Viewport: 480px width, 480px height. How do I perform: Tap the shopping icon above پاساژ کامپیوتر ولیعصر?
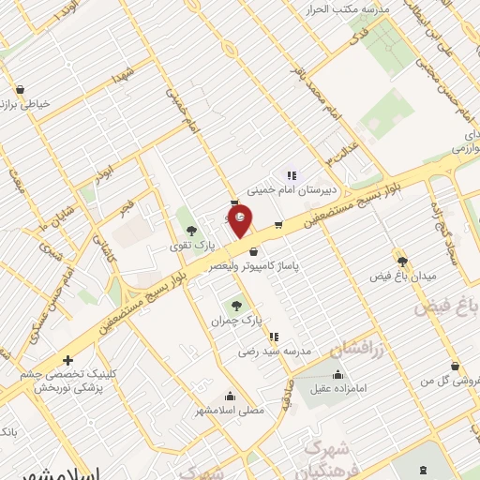254,250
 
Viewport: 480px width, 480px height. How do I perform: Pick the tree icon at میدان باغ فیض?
402,262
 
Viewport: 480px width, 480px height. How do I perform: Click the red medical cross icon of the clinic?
67,360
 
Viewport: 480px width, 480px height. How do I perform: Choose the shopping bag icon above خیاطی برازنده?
20,90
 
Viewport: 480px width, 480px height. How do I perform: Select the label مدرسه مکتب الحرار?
329,9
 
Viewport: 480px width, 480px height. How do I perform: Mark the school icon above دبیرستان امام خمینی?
291,174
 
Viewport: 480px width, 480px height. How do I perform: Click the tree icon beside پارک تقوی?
192,231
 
